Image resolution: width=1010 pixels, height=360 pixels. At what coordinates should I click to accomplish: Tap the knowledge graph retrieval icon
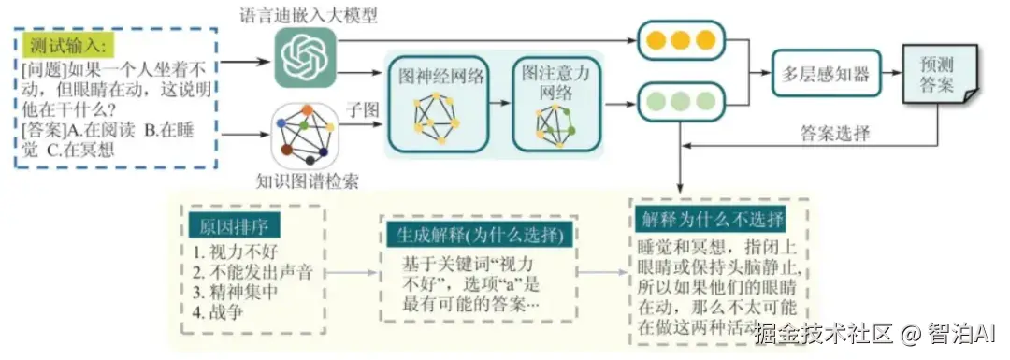305,135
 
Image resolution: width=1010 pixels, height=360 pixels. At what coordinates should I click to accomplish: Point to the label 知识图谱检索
305,180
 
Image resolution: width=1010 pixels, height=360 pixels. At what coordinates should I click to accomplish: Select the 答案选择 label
835,133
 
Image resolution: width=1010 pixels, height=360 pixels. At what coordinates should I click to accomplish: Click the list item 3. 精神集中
233,291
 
